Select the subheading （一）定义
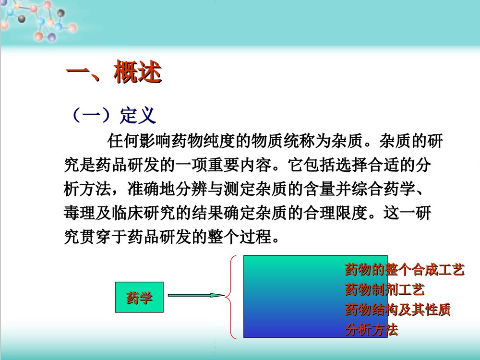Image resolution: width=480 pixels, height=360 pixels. click(113, 115)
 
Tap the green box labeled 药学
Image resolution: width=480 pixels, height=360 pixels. click(139, 298)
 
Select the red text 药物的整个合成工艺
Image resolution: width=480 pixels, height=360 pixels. click(404, 270)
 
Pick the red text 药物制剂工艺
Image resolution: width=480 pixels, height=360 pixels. click(384, 290)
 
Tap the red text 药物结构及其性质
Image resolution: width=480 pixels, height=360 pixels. click(397, 310)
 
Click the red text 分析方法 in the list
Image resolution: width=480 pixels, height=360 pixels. click(371, 330)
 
